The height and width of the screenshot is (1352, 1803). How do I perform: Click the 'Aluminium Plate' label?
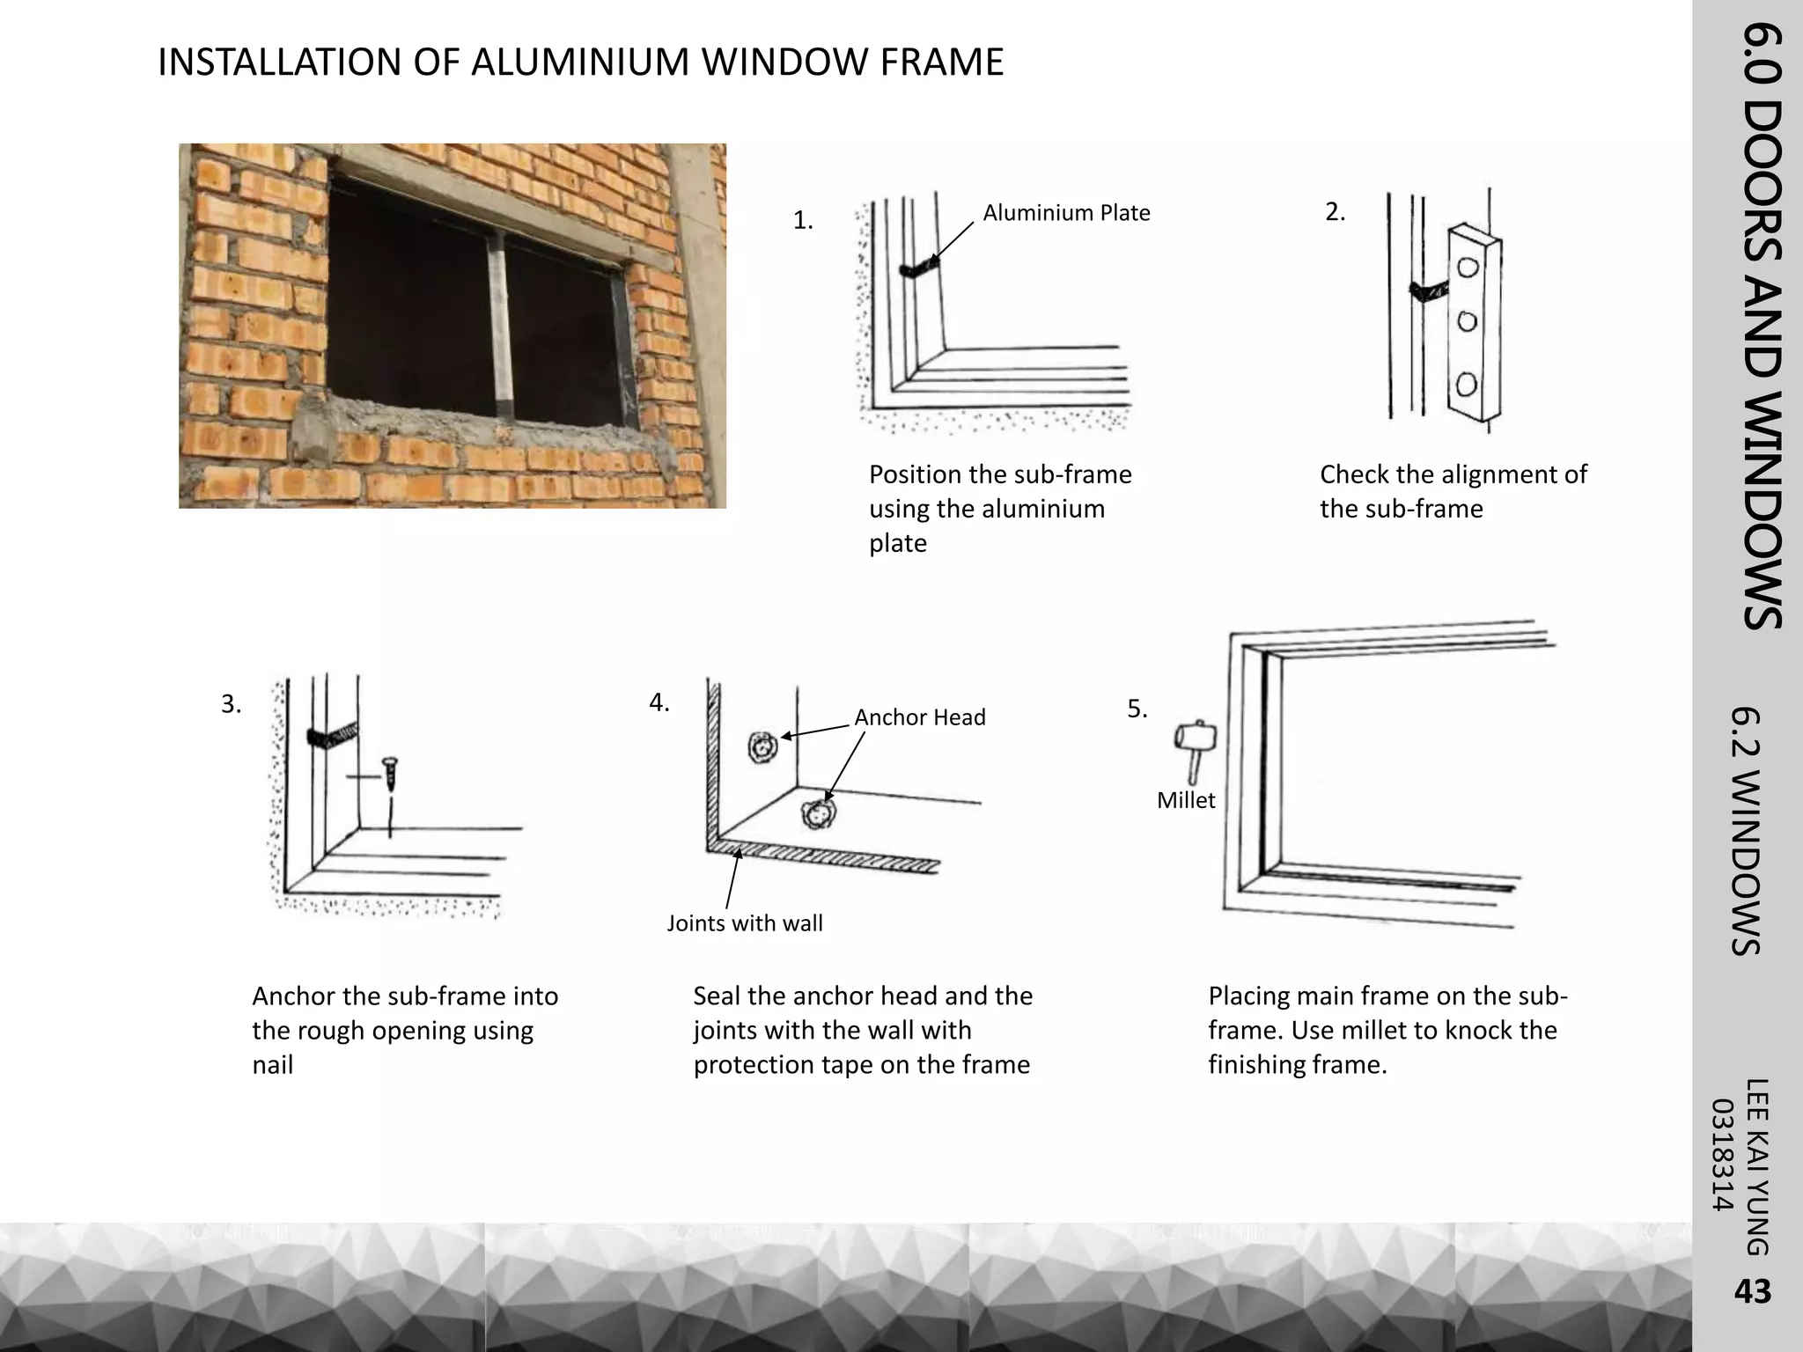[x=1066, y=213]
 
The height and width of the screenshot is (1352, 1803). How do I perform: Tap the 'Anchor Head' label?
[x=919, y=717]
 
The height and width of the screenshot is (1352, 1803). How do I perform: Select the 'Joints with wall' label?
[x=744, y=923]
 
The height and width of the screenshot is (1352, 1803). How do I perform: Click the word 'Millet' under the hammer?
[x=1185, y=800]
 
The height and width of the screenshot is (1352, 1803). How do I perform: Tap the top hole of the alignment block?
[x=1468, y=267]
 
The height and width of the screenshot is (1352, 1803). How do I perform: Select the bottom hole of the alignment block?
[x=1466, y=385]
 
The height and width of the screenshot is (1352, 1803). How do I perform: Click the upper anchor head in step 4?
[x=762, y=747]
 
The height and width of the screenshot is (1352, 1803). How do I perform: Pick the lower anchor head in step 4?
[x=816, y=814]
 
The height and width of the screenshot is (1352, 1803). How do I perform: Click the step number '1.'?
[x=802, y=221]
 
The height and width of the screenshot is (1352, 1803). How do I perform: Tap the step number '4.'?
[x=659, y=702]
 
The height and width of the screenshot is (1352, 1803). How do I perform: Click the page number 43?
[x=1751, y=1291]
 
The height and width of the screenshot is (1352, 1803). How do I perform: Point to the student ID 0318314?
[x=1722, y=1155]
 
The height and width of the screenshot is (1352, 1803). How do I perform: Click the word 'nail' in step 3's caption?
[x=272, y=1065]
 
